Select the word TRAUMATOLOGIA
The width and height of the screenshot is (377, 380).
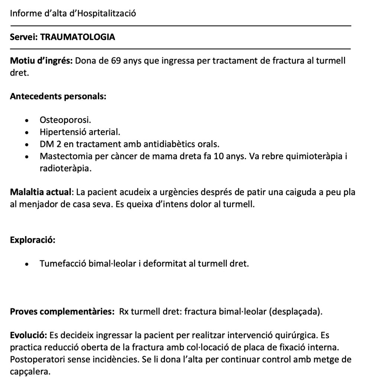tap(77, 37)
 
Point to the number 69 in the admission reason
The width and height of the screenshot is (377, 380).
tap(116, 61)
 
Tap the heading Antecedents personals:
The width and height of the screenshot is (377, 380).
tap(58, 96)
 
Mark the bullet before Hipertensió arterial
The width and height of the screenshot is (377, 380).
tap(26, 132)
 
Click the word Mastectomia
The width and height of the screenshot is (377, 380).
tap(65, 156)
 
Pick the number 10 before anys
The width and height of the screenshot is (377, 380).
tap(219, 156)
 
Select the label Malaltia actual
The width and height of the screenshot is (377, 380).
tap(40, 192)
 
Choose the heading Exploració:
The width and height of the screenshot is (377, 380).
tap(33, 240)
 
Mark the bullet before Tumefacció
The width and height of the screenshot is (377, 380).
tap(26, 264)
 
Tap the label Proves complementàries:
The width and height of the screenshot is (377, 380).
tap(62, 312)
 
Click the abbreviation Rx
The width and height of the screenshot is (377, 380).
tap(124, 312)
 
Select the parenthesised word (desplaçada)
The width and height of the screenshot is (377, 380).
tap(295, 312)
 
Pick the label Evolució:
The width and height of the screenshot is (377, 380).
tap(28, 336)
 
